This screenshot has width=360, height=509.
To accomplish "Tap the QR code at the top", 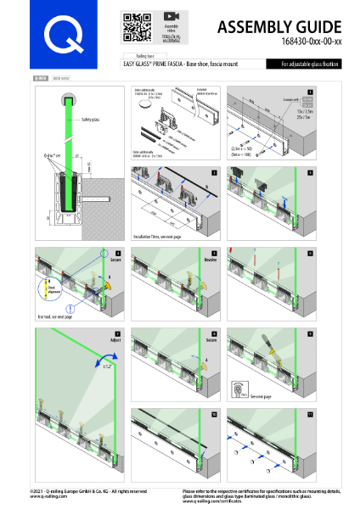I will tap(135, 26).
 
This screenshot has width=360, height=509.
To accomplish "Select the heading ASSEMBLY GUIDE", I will tap(280, 28).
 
